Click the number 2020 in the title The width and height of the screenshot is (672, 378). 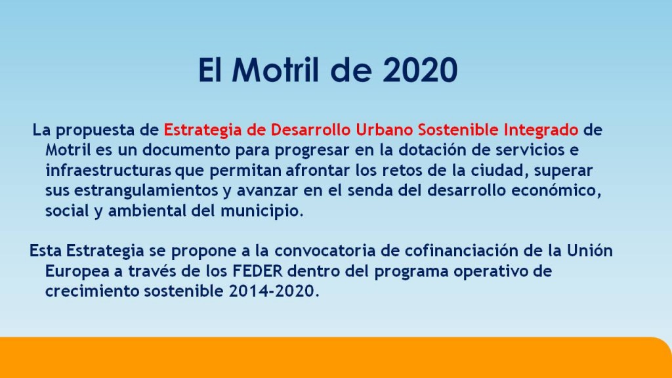[420, 70]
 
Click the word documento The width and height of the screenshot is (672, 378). [186, 150]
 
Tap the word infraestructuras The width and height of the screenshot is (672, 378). [108, 170]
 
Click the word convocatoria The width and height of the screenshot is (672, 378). [325, 251]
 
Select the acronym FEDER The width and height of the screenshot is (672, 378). [257, 271]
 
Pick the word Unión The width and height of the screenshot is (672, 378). [590, 251]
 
